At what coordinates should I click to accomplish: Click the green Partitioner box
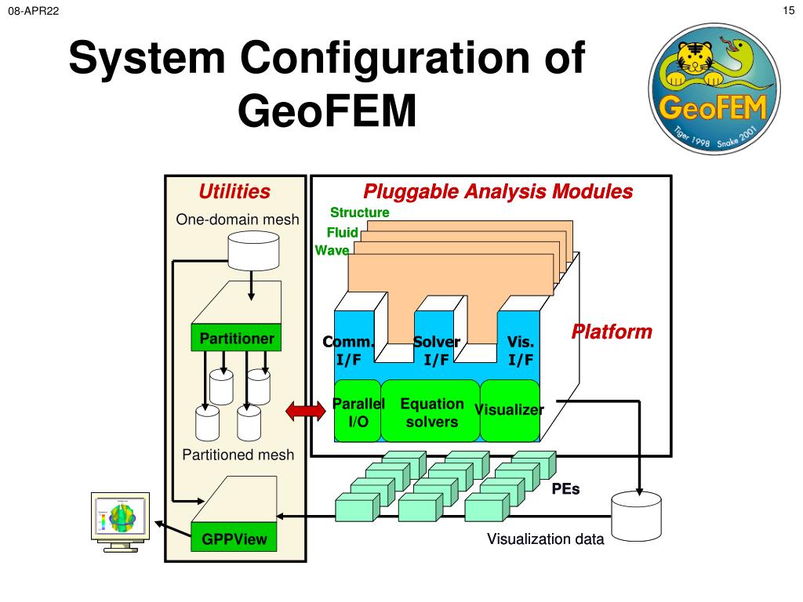pos(237,339)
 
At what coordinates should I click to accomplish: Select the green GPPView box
pos(234,539)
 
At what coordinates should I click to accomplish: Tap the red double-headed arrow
pos(305,411)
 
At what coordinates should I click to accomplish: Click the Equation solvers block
pos(431,412)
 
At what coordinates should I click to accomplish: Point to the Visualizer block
pos(509,410)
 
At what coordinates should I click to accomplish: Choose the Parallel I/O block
pos(358,412)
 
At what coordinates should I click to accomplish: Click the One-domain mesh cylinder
pos(250,252)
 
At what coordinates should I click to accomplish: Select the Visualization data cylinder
pos(637,516)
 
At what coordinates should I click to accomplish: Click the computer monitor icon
pos(120,521)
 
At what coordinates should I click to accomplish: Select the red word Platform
pos(612,332)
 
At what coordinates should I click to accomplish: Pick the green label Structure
pos(359,212)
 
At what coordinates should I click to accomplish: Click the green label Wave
pos(332,251)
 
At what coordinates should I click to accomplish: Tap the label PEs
pos(565,488)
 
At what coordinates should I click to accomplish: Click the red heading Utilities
pos(234,192)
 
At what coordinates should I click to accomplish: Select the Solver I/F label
pos(436,351)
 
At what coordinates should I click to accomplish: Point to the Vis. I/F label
pos(521,351)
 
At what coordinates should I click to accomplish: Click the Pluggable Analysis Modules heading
pos(498,192)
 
